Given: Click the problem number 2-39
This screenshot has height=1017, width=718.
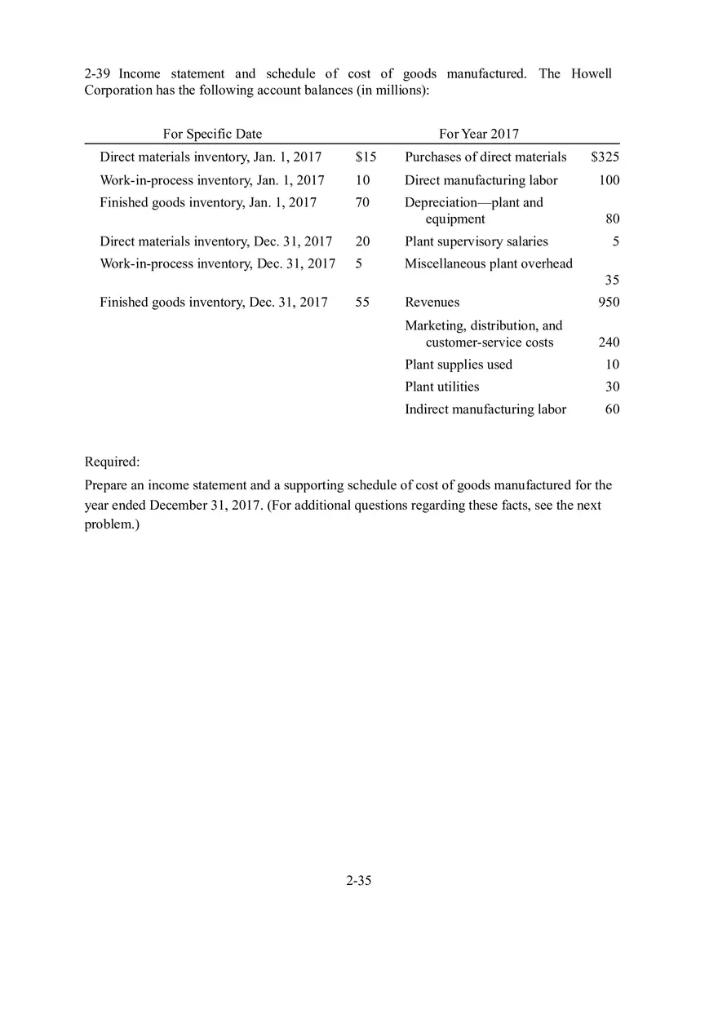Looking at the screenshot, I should tap(98, 73).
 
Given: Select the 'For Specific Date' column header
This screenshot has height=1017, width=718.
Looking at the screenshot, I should tap(212, 134).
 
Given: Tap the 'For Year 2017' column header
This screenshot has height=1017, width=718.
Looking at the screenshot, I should tap(478, 134).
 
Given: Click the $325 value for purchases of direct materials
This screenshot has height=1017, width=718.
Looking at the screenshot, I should tap(605, 157).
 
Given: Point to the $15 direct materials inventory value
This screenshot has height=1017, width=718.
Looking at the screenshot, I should tap(366, 157).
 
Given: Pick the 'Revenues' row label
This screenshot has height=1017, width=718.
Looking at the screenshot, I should tap(432, 302).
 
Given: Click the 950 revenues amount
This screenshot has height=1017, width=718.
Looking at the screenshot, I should tap(609, 302).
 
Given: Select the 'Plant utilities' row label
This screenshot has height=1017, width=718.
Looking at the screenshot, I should tap(441, 387).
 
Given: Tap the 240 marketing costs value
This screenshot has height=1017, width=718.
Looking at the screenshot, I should tap(609, 343).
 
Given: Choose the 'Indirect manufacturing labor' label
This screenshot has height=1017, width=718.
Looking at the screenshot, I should tap(485, 409).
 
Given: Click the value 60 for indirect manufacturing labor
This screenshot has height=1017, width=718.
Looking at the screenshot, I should tap(612, 409).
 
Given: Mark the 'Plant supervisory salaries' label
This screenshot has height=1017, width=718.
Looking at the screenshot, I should tap(476, 241).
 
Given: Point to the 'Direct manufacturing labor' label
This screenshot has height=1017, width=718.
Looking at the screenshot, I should tap(481, 179).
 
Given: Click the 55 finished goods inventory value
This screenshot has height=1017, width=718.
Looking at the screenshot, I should tap(362, 302).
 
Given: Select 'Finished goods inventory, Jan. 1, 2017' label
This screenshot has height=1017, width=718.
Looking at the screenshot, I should tap(208, 202).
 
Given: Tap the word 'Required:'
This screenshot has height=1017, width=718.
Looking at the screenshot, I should tap(112, 462).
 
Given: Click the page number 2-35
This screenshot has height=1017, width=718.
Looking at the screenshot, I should tap(358, 880).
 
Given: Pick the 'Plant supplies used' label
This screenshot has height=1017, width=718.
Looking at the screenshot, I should tap(459, 365).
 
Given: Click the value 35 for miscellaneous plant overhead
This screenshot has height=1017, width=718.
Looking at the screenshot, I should tap(612, 281).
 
